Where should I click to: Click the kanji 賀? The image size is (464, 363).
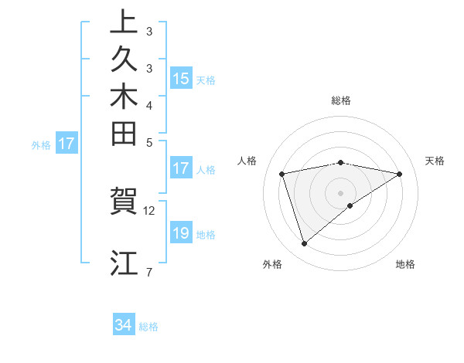124,202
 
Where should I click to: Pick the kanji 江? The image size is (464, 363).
124,263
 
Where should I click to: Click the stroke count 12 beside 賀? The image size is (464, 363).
149,210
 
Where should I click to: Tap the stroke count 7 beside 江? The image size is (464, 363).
148,272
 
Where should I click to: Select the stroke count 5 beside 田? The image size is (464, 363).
149,142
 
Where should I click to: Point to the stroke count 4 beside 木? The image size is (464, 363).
149,105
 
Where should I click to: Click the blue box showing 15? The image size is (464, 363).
181,78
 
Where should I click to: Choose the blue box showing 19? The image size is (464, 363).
181,233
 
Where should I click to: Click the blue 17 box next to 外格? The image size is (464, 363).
67,143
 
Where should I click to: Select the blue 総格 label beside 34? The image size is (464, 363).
149,327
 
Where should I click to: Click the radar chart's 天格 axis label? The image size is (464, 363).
435,161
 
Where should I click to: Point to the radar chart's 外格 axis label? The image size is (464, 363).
272,265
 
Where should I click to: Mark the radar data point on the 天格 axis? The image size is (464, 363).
399,174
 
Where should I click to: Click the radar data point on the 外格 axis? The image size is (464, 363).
304,243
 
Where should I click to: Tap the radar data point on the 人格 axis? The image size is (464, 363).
282,174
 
